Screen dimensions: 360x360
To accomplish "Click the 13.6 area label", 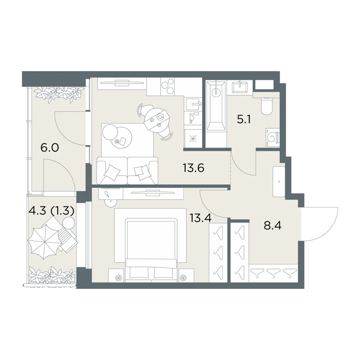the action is (193, 168).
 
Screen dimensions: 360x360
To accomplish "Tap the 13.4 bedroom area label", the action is (201, 218).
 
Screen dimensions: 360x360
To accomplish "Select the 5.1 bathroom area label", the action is (244, 120).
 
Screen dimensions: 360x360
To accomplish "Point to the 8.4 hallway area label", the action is (273, 226).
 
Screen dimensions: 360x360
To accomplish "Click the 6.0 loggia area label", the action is (50, 147).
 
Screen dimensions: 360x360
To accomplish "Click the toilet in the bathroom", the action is (266, 106).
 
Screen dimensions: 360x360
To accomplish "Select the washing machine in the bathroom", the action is (273, 137).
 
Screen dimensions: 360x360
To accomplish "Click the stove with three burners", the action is (168, 86).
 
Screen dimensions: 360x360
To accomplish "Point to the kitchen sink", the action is (193, 104).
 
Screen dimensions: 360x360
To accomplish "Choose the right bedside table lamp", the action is (183, 278).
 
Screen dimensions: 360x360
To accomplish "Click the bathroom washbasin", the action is (240, 86).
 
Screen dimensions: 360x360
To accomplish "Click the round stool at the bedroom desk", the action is (111, 202).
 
